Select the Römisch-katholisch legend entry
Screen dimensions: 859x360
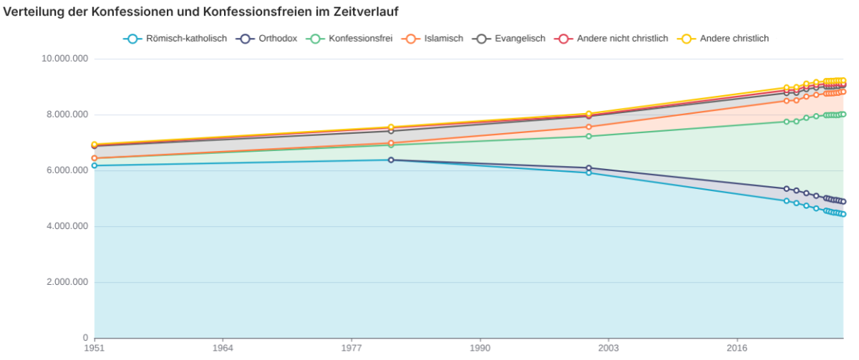[x=175, y=39]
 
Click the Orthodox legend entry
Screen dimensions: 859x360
[x=266, y=39]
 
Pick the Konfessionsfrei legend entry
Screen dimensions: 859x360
[x=349, y=39]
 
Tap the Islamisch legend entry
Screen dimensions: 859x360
[x=432, y=39]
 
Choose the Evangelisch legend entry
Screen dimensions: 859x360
[x=508, y=39]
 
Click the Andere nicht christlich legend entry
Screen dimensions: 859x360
[x=611, y=39]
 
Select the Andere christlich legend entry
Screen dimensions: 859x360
[x=723, y=39]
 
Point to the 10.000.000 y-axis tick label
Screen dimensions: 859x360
[x=65, y=59]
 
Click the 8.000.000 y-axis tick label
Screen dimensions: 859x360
[x=67, y=115]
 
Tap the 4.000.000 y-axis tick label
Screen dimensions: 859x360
[x=67, y=226]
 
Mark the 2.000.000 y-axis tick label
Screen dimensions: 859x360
[x=67, y=282]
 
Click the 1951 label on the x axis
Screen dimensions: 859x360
[x=94, y=348]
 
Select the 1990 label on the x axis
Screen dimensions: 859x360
[x=480, y=348]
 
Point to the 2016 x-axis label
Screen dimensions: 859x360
[x=737, y=348]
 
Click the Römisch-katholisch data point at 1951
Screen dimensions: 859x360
[x=94, y=165]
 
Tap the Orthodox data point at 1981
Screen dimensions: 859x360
[x=391, y=160]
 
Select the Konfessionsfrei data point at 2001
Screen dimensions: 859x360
[x=589, y=137]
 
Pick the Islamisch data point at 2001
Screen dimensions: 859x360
[x=589, y=127]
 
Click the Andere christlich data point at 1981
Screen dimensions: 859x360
[x=391, y=127]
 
